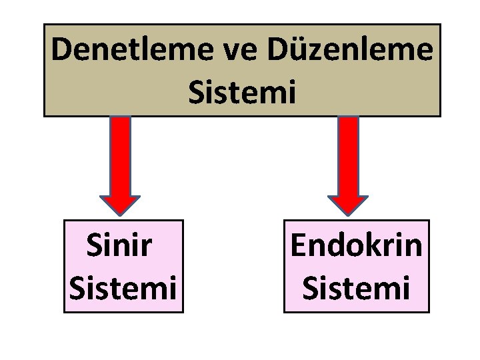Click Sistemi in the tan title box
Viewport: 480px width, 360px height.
click(x=241, y=92)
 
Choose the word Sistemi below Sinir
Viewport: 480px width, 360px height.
click(x=123, y=289)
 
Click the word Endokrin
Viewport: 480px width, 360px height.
click(x=356, y=246)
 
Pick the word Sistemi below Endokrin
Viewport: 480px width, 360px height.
click(x=356, y=289)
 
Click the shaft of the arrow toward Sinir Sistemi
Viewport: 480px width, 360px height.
click(x=120, y=155)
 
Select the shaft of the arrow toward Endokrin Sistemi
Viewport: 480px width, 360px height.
click(x=348, y=155)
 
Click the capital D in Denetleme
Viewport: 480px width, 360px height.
click(x=63, y=51)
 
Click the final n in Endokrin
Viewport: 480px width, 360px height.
click(x=413, y=248)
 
